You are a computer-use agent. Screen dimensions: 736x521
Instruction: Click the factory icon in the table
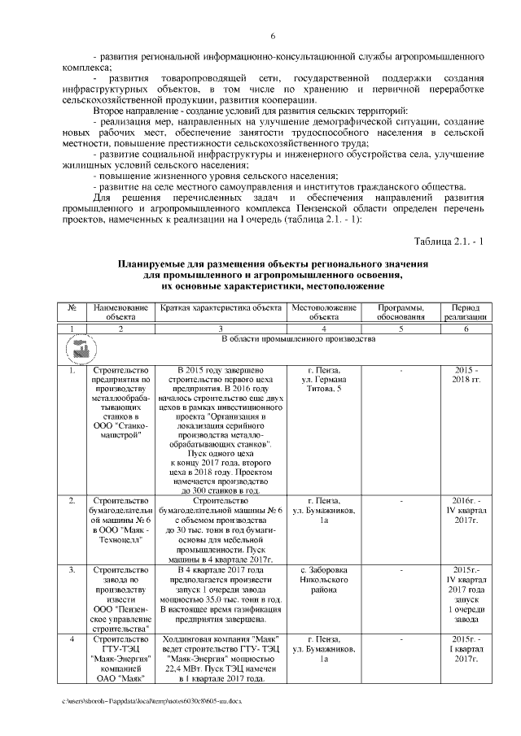pyautogui.click(x=77, y=350)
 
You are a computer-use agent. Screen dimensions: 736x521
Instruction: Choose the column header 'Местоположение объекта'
pyautogui.click(x=324, y=313)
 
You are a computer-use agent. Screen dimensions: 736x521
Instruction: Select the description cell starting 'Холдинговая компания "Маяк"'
pyautogui.click(x=221, y=659)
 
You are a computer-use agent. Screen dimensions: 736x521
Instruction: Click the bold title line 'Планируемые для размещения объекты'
pyautogui.click(x=273, y=266)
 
